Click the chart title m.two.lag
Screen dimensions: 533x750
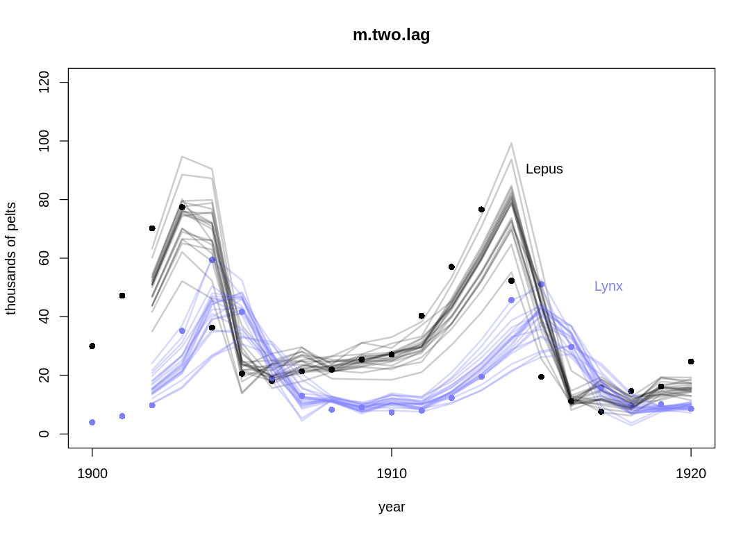(392, 35)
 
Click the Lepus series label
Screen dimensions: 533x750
(544, 169)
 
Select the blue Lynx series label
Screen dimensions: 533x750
(608, 287)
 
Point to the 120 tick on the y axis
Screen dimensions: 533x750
(44, 83)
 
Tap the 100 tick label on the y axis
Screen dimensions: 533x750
(44, 141)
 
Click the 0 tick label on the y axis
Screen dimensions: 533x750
(44, 434)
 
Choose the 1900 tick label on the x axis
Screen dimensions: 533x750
(92, 474)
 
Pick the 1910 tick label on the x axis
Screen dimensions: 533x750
(392, 474)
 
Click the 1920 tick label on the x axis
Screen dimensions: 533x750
(691, 474)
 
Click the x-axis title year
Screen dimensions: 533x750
(392, 507)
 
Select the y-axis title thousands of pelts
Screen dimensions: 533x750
(11, 258)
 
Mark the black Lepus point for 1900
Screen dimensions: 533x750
(92, 346)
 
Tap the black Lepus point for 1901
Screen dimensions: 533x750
(122, 296)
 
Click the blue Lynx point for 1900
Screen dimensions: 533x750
(92, 422)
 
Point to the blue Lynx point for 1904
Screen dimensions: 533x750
(212, 260)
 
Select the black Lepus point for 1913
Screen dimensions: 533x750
(481, 210)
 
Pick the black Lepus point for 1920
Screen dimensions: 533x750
(691, 362)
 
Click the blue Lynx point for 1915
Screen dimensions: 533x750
(541, 284)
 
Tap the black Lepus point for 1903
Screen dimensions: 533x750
(182, 207)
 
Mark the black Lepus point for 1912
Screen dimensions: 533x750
(451, 266)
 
